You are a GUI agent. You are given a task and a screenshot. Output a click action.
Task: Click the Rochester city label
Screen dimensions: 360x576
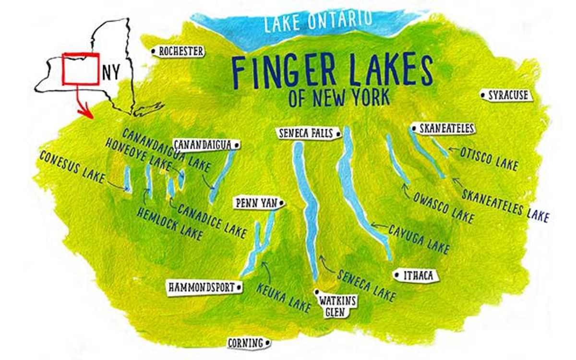coord(179,51)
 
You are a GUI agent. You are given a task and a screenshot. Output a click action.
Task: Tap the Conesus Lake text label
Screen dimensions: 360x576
coord(72,168)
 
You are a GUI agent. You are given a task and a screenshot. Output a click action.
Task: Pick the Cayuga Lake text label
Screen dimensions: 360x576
coord(419,239)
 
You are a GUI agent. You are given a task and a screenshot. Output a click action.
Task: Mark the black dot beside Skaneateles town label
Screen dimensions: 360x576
coord(413,128)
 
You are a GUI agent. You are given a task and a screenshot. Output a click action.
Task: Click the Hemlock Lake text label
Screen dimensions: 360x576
coord(168,223)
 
